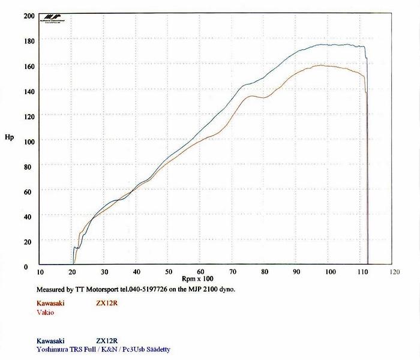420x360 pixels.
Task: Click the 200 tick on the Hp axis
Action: [28, 16]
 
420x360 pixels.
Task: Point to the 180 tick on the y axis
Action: [28, 41]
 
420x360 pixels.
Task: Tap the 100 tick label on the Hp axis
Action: [28, 141]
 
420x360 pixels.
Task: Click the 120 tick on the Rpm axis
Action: [394, 271]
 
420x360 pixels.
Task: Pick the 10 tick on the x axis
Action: [40, 271]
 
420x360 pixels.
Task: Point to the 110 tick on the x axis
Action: [362, 271]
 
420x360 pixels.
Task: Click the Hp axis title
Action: [9, 137]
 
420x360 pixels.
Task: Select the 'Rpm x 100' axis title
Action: [197, 279]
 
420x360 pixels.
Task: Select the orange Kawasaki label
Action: [50, 303]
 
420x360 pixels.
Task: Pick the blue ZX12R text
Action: [107, 340]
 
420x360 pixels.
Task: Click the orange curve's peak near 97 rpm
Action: [320, 65]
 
